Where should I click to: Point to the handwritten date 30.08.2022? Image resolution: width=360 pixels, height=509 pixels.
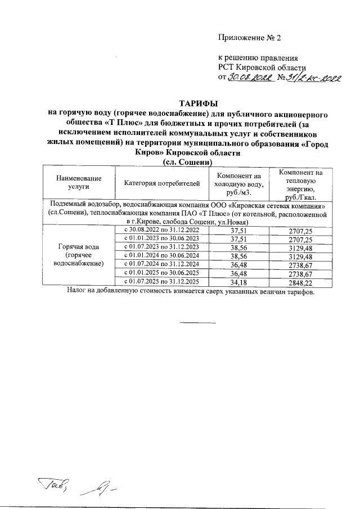(x=249, y=78)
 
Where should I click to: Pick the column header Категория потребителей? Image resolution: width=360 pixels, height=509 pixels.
(x=163, y=183)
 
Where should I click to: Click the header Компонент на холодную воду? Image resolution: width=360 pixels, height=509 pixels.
(x=239, y=183)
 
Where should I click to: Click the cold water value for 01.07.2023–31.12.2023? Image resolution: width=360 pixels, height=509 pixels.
(x=239, y=247)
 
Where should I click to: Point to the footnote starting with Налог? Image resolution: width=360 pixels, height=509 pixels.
(x=190, y=293)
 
